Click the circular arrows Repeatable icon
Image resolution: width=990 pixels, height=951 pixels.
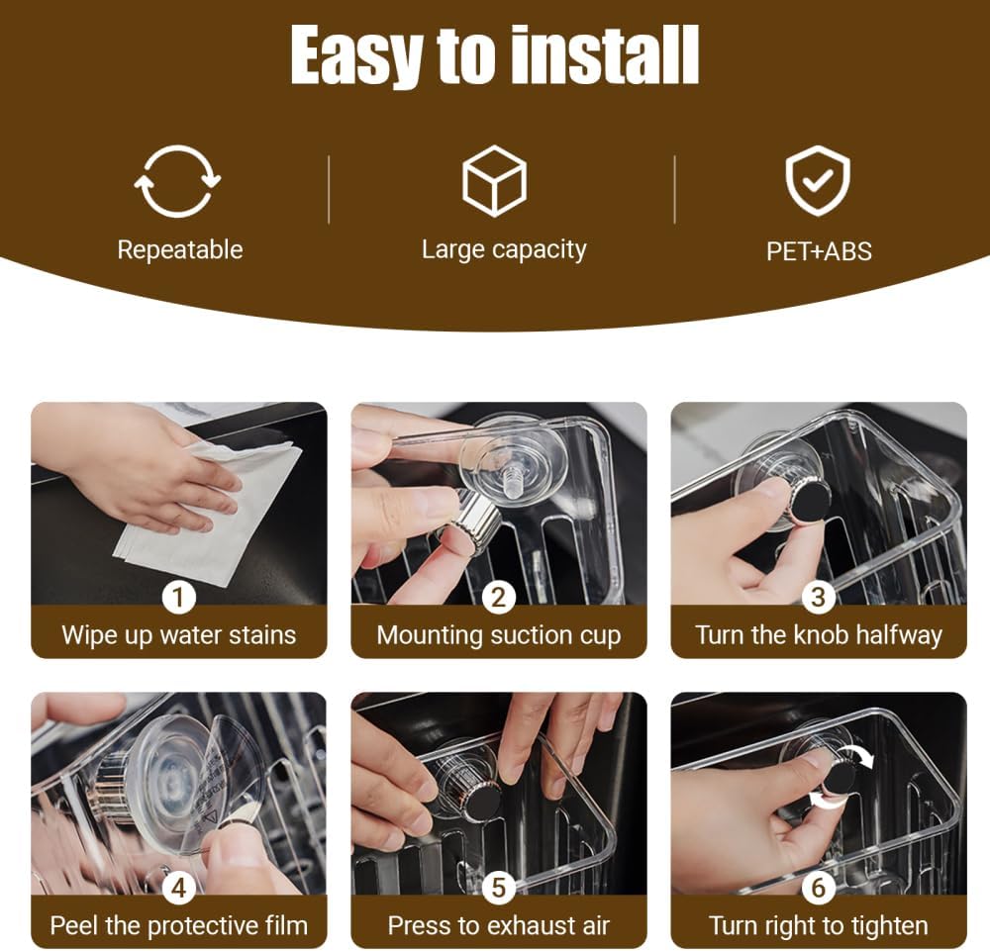(178, 181)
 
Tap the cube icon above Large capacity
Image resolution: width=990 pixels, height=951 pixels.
(494, 181)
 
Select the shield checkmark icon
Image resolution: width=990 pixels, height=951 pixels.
(817, 181)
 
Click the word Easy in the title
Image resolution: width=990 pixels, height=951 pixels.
(360, 56)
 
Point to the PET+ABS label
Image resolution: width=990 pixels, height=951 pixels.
(819, 251)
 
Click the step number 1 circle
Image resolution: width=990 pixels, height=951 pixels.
(178, 597)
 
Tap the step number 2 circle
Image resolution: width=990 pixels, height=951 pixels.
(499, 597)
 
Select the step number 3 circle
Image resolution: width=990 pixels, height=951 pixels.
(819, 597)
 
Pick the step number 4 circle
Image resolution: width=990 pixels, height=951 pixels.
(178, 888)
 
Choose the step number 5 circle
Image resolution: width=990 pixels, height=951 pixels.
(499, 888)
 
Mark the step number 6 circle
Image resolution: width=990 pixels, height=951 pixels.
(819, 888)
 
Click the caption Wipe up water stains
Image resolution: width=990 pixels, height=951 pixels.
(178, 635)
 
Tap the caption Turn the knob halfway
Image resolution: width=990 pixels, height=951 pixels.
(819, 635)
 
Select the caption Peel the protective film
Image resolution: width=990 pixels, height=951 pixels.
(178, 926)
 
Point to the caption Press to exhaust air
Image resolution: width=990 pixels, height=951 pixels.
(499, 926)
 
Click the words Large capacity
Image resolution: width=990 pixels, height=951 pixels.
(504, 249)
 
